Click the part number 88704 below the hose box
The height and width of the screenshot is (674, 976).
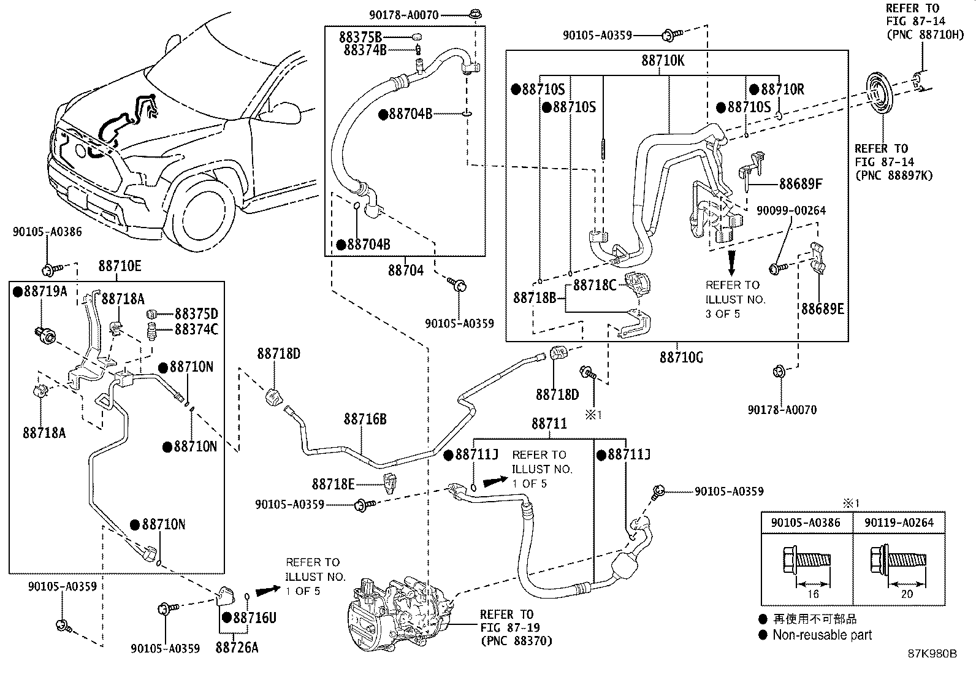405,270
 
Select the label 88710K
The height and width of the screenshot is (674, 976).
663,61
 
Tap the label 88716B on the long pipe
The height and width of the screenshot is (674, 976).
365,419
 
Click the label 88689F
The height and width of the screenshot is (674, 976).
801,183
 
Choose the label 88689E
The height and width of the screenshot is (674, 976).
822,308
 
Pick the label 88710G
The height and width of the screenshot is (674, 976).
681,357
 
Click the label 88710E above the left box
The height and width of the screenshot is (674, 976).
120,266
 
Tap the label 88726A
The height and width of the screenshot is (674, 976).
237,647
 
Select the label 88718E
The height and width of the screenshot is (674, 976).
333,484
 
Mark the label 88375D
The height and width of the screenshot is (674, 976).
196,314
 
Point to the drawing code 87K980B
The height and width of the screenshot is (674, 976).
932,654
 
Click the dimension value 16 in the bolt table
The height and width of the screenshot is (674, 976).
813,594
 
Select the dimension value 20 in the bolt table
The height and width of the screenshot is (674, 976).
906,594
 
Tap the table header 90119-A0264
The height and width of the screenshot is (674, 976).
899,523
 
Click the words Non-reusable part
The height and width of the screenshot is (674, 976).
822,635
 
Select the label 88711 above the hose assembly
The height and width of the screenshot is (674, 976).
549,424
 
